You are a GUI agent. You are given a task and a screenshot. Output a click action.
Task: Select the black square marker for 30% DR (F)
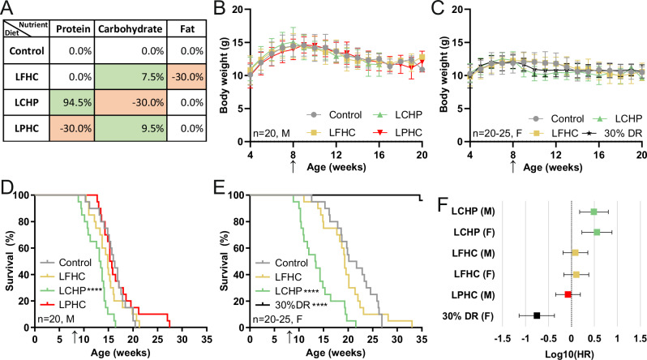[536, 315]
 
